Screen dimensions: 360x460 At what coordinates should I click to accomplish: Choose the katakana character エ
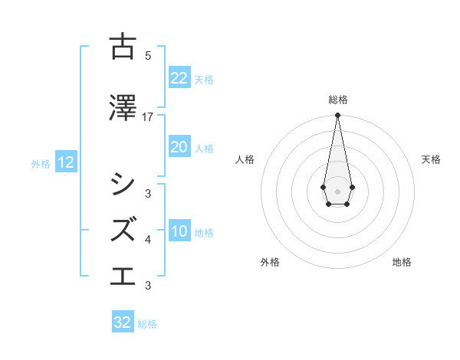[123, 274]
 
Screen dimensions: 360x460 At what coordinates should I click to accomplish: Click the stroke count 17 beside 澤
[148, 116]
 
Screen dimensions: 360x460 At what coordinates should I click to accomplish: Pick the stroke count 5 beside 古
[148, 55]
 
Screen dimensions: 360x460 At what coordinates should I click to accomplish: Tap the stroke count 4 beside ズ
[148, 239]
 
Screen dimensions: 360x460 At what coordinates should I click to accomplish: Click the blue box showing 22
[179, 78]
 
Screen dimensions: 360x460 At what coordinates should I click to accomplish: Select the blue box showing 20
[179, 147]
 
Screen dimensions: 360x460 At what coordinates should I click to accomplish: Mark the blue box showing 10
[179, 231]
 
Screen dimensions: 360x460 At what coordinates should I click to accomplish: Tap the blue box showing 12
[65, 162]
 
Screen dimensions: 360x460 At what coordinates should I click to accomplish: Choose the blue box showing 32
[122, 322]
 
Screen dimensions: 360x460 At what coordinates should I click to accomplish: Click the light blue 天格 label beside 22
[204, 79]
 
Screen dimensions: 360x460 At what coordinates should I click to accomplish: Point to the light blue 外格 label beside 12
[41, 163]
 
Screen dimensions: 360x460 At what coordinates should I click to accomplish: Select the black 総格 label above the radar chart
[337, 100]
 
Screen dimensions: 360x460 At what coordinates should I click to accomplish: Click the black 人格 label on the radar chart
[245, 159]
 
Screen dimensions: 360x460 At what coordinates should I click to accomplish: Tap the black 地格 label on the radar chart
[402, 262]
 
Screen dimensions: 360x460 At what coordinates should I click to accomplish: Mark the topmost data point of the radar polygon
[337, 116]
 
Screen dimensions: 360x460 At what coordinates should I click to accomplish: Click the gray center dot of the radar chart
[337, 190]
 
